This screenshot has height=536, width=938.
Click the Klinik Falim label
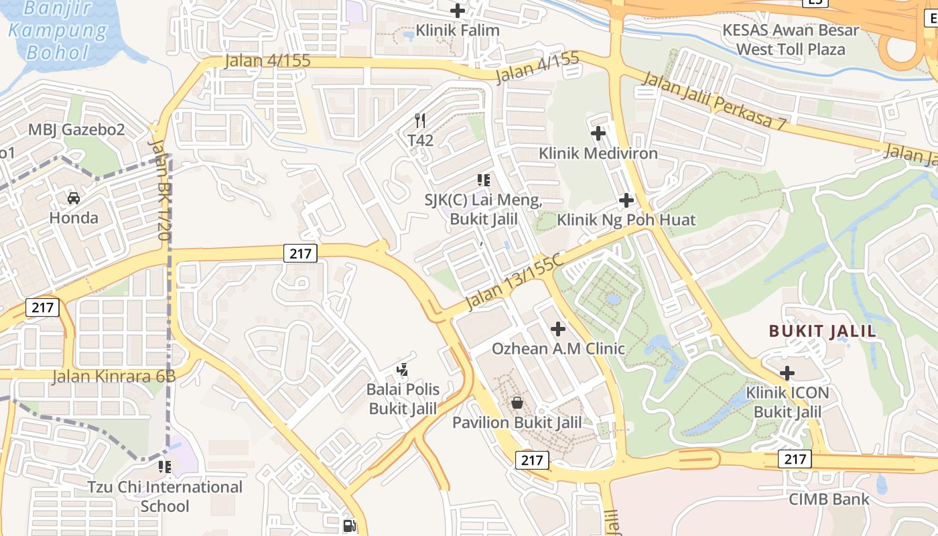[458, 30]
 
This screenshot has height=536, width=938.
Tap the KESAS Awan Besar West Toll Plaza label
[790, 40]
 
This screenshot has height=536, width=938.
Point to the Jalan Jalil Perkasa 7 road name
[714, 102]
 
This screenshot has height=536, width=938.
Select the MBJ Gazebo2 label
[76, 129]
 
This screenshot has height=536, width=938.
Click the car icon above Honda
[74, 198]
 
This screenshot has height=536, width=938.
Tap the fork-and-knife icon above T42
[420, 121]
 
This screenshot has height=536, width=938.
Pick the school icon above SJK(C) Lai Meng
[484, 180]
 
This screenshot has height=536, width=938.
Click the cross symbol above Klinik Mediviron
[598, 133]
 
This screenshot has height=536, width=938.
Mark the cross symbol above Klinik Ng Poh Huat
[626, 200]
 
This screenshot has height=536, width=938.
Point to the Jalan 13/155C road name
[515, 282]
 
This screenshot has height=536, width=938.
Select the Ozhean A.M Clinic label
[558, 348]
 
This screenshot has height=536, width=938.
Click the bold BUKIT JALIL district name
[822, 331]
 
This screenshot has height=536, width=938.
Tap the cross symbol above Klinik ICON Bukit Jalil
[788, 373]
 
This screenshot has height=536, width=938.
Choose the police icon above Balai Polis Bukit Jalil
[403, 369]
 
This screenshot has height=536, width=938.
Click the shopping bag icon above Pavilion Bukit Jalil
[517, 403]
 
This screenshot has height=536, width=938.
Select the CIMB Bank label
[828, 499]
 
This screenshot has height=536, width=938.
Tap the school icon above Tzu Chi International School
[165, 466]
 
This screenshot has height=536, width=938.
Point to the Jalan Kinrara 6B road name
[114, 376]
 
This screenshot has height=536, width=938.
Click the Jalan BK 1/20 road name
[161, 190]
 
